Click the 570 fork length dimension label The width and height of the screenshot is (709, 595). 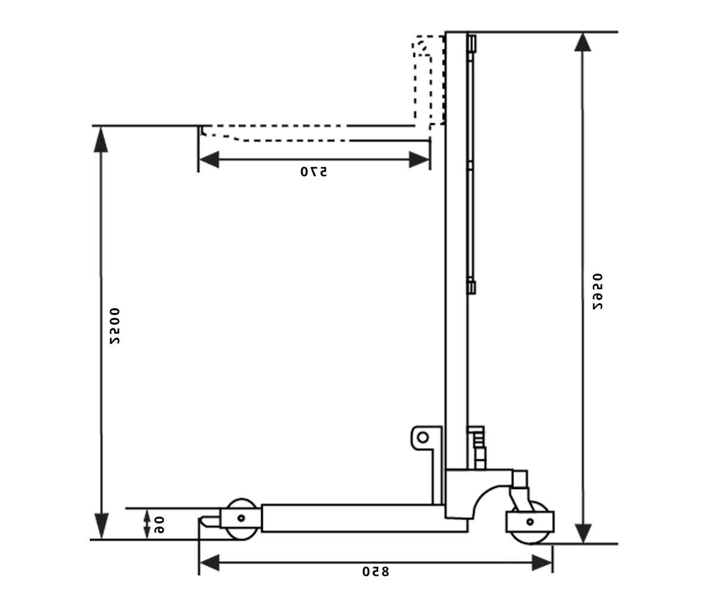click(313, 172)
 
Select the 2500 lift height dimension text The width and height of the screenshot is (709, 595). click(114, 326)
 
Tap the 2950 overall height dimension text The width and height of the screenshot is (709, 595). click(597, 292)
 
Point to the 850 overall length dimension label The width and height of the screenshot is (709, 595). click(375, 571)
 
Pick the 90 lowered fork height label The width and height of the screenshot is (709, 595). click(159, 525)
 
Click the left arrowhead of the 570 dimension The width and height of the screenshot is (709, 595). click(209, 159)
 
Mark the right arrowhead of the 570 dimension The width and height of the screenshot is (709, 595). click(419, 159)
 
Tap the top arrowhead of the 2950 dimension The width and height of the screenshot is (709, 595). click(583, 43)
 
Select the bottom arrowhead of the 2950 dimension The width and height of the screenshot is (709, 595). click(583, 533)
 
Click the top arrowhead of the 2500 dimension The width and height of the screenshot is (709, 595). click(101, 137)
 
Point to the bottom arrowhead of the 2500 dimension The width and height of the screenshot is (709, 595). click(101, 528)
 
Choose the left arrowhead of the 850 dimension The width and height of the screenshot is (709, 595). click(209, 563)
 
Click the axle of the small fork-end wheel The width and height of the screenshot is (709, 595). click(241, 518)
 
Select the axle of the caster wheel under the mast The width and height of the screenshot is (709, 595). click(529, 522)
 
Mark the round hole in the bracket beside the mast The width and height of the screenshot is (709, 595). click(422, 437)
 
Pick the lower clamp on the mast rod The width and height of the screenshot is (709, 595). click(471, 287)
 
